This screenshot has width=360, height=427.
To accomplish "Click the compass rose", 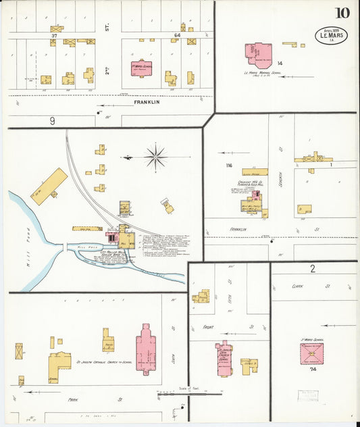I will click(156, 157).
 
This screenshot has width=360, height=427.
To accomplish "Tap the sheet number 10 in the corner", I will click(342, 13).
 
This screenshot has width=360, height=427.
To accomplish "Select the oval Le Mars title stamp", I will click(331, 34).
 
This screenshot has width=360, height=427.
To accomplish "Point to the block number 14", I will click(279, 63).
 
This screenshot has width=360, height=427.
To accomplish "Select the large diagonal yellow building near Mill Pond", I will click(49, 186).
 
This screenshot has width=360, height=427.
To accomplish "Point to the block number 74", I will click(313, 370).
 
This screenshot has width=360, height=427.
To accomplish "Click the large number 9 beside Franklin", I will click(51, 121).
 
